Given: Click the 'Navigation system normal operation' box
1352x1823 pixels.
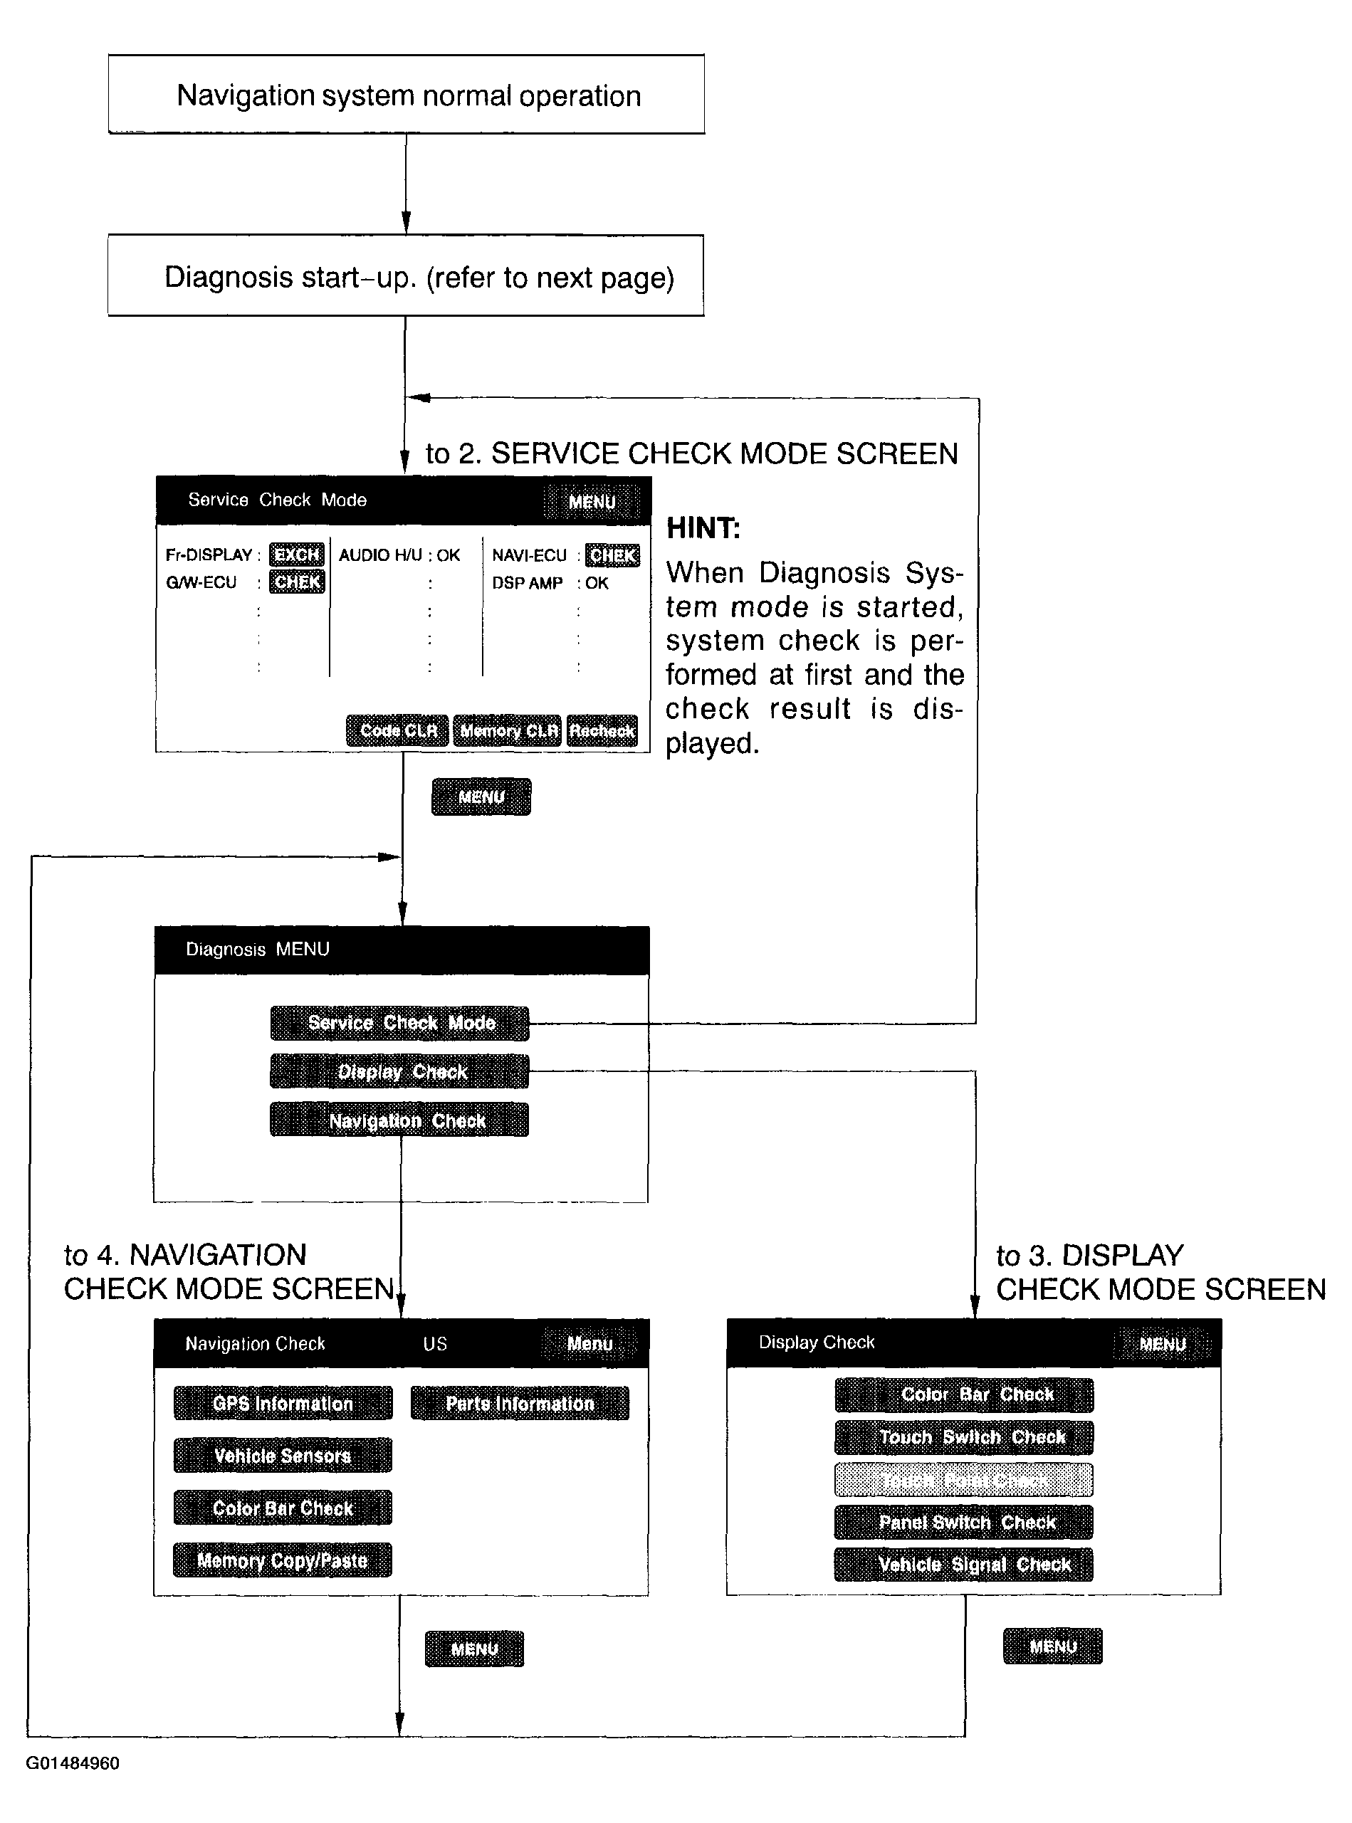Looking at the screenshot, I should pyautogui.click(x=407, y=95).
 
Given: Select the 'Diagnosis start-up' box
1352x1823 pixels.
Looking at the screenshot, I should pyautogui.click(x=406, y=277).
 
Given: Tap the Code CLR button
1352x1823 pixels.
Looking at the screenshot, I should pyautogui.click(x=398, y=730).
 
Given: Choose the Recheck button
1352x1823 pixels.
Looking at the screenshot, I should pyautogui.click(x=602, y=730).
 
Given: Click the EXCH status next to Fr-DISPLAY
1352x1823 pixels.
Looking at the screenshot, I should pyautogui.click(x=296, y=555).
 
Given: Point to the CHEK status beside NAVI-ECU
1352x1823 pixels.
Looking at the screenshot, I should pyautogui.click(x=612, y=555).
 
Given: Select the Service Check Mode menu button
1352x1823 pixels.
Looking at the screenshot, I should pyautogui.click(x=399, y=1023).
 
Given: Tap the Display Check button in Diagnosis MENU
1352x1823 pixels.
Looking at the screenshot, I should pyautogui.click(x=399, y=1071).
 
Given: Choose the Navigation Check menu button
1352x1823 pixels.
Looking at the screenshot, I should pyautogui.click(x=399, y=1120).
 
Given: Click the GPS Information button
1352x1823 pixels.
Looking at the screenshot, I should pyautogui.click(x=283, y=1403).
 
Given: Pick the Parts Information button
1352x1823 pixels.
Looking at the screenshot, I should pyautogui.click(x=520, y=1403).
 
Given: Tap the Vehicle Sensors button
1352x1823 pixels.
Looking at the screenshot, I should pyautogui.click(x=283, y=1456).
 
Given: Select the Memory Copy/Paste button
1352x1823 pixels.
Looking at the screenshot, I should pyautogui.click(x=283, y=1560).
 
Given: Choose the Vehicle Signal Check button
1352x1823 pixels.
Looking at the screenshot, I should pyautogui.click(x=964, y=1565).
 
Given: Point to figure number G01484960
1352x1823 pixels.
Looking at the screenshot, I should pyautogui.click(x=73, y=1763).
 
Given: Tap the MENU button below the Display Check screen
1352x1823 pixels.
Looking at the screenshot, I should pyautogui.click(x=1052, y=1646).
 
